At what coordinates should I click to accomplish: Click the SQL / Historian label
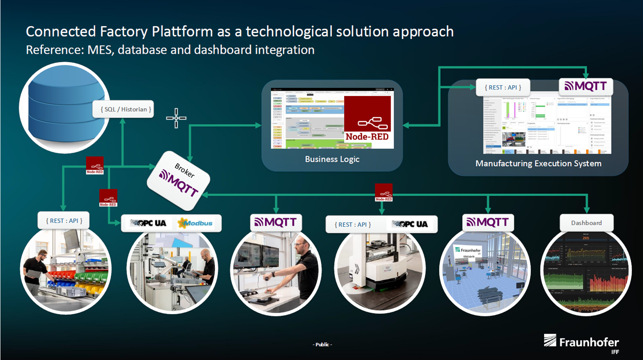pos(123,109)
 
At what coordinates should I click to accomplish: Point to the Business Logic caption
pos(332,159)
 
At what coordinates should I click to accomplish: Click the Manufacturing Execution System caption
pos(538,163)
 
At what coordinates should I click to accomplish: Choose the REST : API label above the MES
pos(502,87)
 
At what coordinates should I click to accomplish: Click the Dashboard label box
pos(586,223)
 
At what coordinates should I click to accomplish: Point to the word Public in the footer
pos(322,345)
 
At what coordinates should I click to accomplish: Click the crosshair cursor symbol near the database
pos(176,118)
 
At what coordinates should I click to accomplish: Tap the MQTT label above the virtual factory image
pos(488,222)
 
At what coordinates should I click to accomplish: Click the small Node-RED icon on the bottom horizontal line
pos(384,193)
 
